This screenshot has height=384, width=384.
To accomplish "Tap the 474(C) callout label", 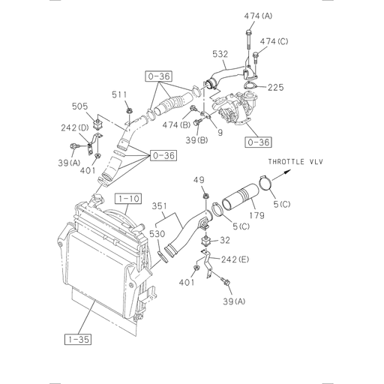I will pyautogui.click(x=273, y=42).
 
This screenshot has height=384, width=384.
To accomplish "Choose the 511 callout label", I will pyautogui.click(x=119, y=94).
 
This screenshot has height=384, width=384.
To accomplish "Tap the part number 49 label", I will pyautogui.click(x=199, y=180).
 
